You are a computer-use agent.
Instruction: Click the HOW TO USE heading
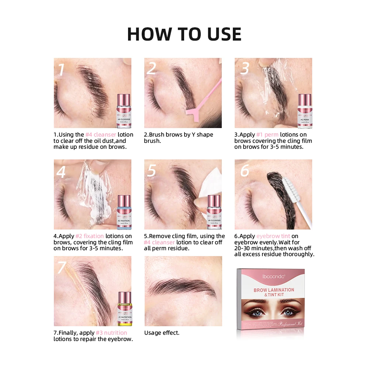184,34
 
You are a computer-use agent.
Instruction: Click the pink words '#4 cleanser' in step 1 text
101,135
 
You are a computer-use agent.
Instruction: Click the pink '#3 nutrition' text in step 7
111,333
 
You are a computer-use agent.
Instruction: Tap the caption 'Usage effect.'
162,333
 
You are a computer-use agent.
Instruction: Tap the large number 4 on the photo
61,172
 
